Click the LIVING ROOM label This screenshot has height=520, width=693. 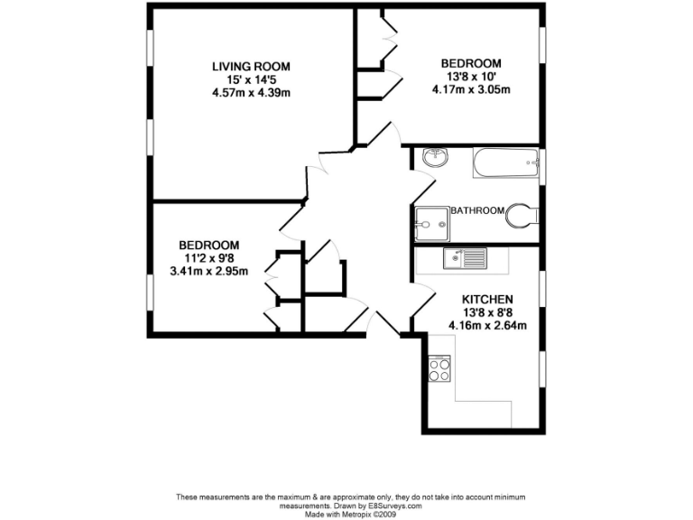[251, 67]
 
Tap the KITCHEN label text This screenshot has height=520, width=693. [487, 300]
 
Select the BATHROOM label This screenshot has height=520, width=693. [477, 210]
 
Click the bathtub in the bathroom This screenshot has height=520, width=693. [505, 164]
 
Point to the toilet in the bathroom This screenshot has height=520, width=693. [522, 215]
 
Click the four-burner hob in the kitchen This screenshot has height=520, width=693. [439, 369]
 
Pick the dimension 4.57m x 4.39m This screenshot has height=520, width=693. [251, 93]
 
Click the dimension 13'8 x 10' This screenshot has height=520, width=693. [470, 77]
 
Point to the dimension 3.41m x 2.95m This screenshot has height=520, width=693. [208, 270]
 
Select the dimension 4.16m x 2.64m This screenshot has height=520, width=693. [487, 326]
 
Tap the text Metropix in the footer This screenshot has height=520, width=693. [356, 515]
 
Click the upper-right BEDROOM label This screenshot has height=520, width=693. [470, 63]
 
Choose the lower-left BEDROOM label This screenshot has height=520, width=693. [208, 245]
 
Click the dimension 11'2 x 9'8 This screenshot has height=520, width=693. [208, 257]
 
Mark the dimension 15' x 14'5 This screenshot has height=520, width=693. [251, 79]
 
